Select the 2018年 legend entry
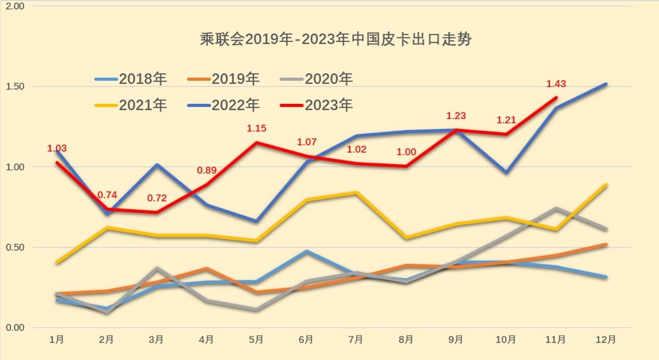click(x=131, y=80)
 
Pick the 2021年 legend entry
click(x=131, y=105)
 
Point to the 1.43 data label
click(x=556, y=84)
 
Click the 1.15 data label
click(x=257, y=128)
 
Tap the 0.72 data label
click(x=157, y=198)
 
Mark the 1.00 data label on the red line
click(x=406, y=151)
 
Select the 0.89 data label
click(x=207, y=170)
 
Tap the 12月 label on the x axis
click(x=605, y=339)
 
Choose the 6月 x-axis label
click(x=306, y=339)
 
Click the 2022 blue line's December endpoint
click(x=606, y=84)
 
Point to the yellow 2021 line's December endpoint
click(x=606, y=185)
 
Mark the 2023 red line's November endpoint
click(x=556, y=98)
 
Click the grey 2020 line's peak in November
click(x=556, y=208)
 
